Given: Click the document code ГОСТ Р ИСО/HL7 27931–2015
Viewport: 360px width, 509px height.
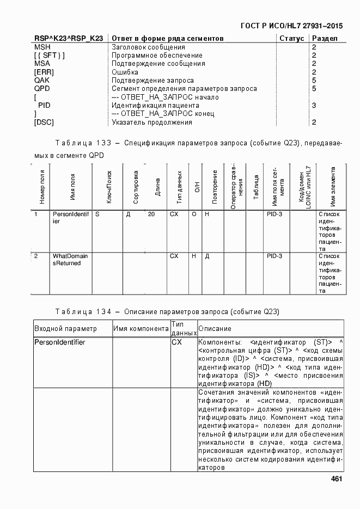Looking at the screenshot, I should tap(292, 26).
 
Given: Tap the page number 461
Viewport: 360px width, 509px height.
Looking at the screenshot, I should tap(336, 479).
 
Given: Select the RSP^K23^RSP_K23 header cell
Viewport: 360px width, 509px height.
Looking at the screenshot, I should tap(69, 39).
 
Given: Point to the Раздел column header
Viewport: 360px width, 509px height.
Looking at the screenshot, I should tap(325, 39).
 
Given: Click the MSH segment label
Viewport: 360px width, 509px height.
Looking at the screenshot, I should tap(42, 47).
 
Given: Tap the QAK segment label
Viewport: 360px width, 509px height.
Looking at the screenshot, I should tap(42, 81).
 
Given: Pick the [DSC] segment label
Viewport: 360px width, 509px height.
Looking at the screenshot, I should tap(44, 122).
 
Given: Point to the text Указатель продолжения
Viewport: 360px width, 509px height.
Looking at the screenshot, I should tap(152, 122).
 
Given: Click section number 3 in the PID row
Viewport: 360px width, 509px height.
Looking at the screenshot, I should tap(314, 106).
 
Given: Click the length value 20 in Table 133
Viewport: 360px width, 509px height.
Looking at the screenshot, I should tap(151, 214).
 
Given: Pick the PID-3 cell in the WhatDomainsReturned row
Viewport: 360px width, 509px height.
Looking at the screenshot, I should tap(274, 256).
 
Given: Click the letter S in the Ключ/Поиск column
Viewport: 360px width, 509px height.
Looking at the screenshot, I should tap(97, 214).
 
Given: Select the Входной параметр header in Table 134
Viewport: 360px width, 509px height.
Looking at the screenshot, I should tap(65, 329).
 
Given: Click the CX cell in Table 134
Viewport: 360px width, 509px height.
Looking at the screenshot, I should tap(176, 342).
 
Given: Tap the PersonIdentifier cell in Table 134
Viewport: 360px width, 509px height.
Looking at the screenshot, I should tap(60, 342).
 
